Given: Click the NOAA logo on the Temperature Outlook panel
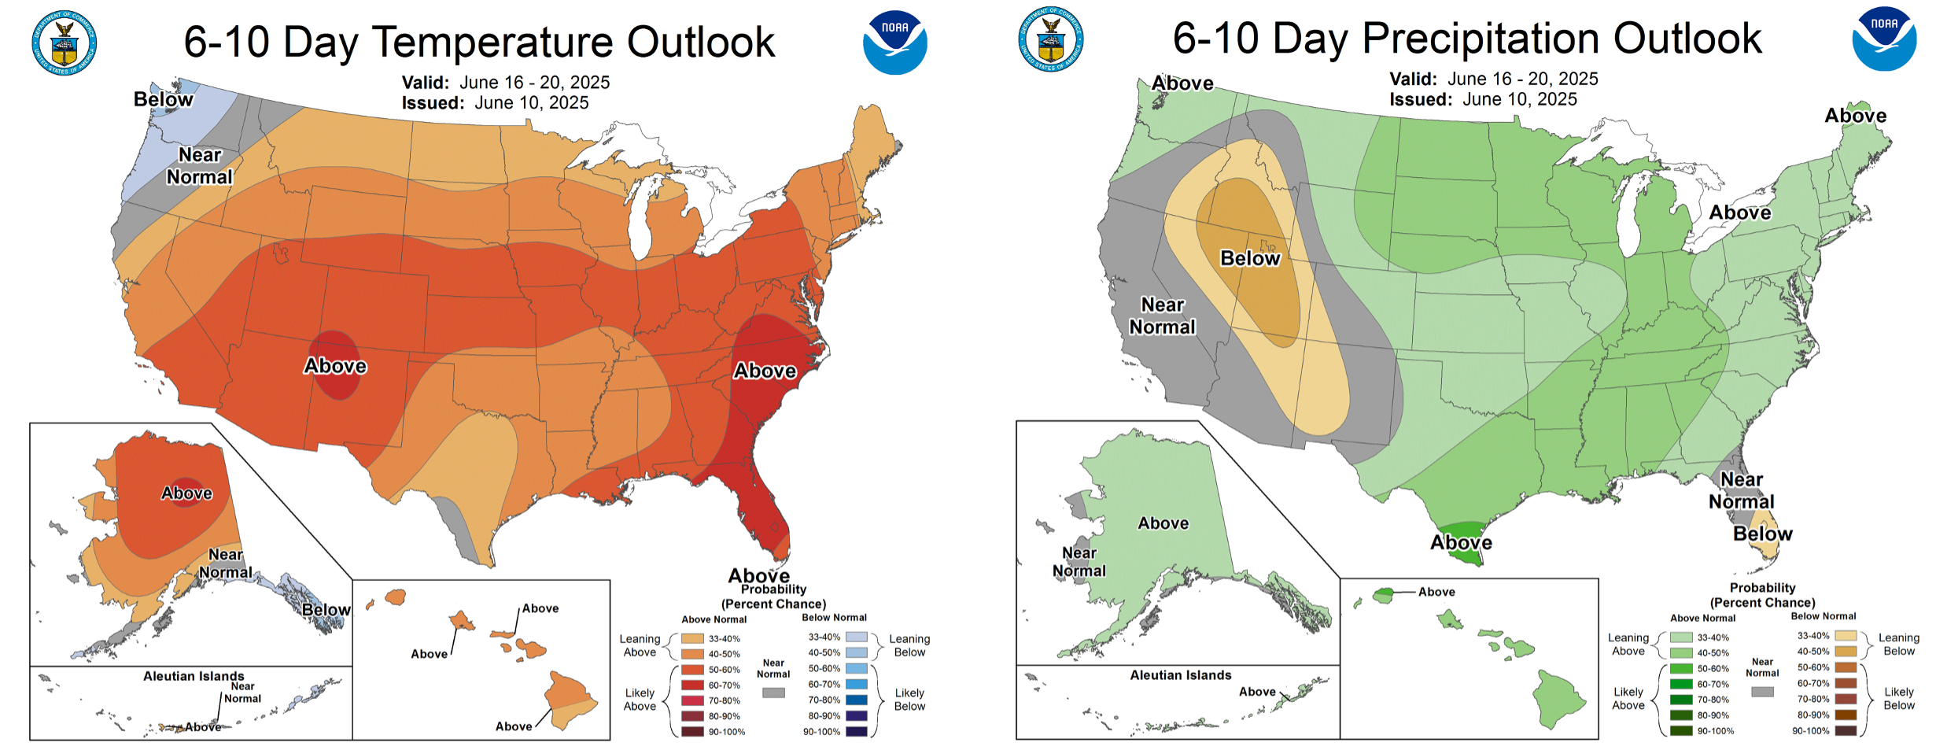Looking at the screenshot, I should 894,42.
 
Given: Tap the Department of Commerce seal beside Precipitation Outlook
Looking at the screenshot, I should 1051,40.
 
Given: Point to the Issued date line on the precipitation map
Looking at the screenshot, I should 1483,99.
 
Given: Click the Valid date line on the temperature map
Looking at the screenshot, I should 505,82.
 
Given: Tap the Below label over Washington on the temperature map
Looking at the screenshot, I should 163,99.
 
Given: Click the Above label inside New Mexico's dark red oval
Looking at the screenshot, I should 336,366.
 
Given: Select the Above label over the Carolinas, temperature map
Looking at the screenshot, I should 765,371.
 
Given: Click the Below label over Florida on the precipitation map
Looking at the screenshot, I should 1762,534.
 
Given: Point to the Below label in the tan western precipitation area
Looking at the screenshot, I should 1250,258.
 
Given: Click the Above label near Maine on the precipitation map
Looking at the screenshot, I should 1855,116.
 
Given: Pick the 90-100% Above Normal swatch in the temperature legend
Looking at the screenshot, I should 692,732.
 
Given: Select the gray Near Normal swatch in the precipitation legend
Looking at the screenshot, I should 1762,692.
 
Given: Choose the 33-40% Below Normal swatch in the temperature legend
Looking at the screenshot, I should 857,637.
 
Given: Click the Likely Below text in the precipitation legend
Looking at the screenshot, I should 1898,699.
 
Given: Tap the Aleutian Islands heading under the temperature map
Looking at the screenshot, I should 194,676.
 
